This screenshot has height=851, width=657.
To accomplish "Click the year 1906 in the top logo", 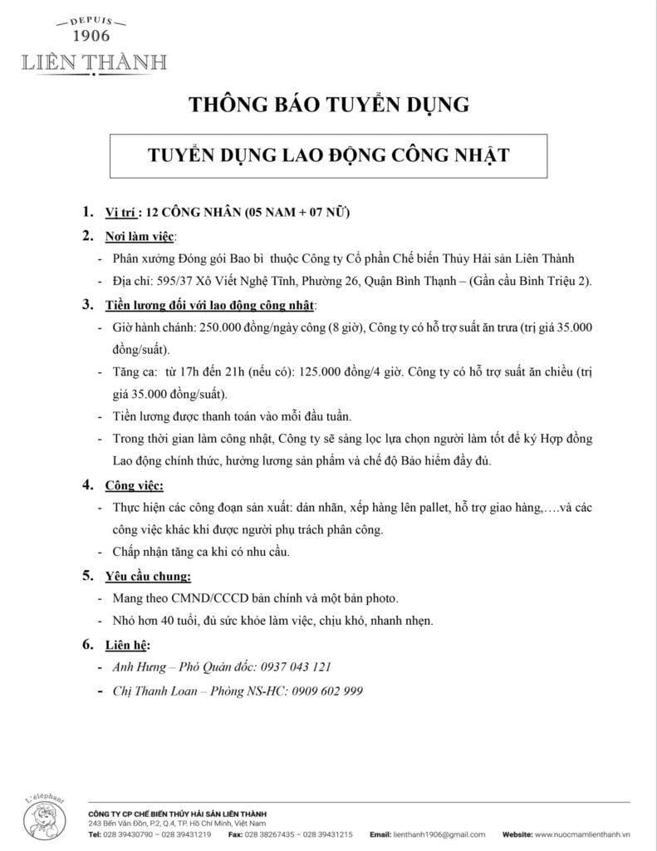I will coord(91,36).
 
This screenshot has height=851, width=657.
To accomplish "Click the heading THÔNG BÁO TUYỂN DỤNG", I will coord(329,105).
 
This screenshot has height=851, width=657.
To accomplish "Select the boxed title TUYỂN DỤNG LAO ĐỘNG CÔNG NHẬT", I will coord(328,155).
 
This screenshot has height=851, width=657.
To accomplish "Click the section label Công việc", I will coord(134,485).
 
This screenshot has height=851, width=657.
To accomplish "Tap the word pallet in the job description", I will coord(428,507).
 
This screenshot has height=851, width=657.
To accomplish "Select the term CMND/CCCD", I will coord(206,598).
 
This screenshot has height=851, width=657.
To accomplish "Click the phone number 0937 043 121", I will coord(297,667).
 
